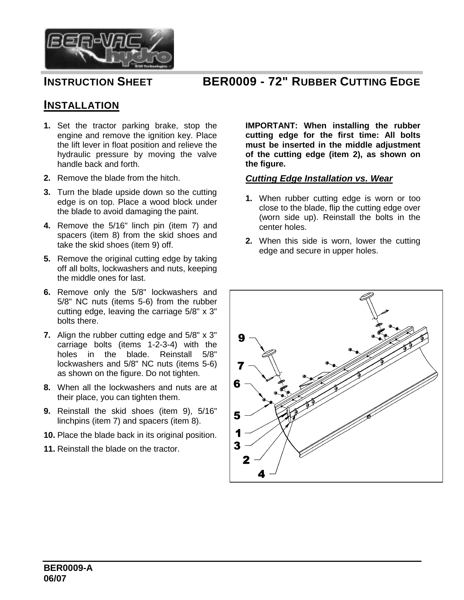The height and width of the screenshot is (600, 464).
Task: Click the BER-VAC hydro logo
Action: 109,49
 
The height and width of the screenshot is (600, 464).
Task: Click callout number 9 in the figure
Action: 241,338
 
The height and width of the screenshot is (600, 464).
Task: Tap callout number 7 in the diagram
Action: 241,365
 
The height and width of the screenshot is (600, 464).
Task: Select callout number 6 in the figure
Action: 237,383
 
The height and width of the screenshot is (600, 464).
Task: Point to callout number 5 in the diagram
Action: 237,415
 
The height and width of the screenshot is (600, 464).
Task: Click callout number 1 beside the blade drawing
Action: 238,433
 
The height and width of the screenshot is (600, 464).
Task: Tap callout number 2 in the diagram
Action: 246,460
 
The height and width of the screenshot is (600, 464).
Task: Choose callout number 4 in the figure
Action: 261,474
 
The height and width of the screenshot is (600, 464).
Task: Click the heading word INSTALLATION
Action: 81,105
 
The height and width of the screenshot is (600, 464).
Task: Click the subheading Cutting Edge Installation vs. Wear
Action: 319,179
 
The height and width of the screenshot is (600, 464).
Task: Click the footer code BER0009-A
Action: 68,568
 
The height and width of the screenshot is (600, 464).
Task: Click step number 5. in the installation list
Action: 47,259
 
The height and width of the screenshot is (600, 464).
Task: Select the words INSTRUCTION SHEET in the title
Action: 98,82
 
